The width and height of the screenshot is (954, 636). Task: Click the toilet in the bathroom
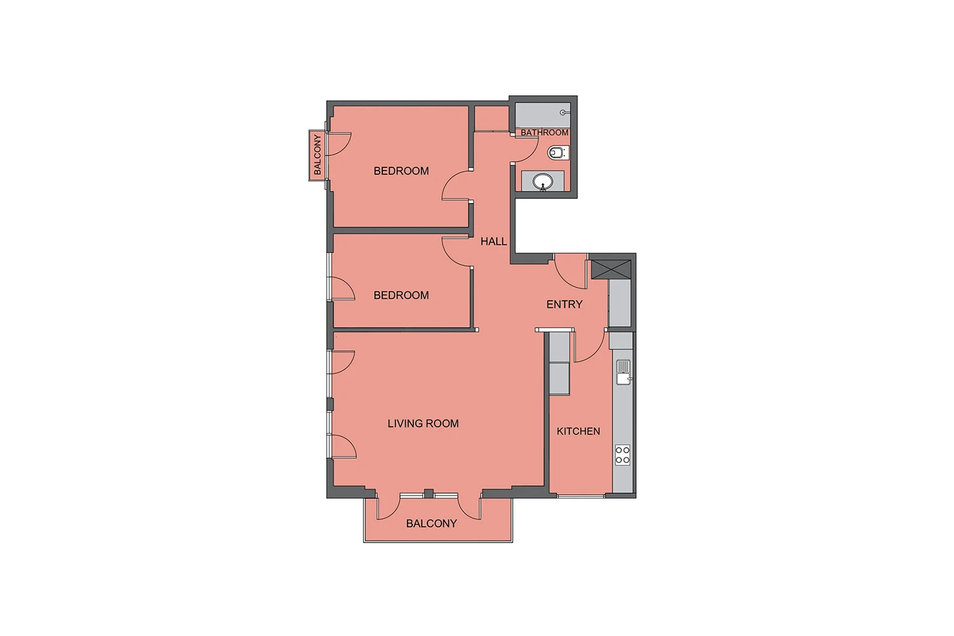coord(558,152)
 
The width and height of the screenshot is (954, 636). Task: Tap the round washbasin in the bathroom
coord(543,181)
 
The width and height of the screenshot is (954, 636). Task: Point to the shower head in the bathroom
coord(565,113)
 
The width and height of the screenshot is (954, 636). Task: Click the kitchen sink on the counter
coord(623,372)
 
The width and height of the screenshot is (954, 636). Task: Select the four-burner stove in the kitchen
coord(623,455)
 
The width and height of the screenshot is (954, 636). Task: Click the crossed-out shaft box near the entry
coord(611,269)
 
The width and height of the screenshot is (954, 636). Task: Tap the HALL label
coord(494,242)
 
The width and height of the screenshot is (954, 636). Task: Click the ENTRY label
coord(564,304)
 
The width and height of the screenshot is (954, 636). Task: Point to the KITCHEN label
coord(578,431)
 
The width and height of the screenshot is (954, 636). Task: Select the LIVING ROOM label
coord(423,424)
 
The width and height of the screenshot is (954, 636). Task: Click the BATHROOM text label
coord(544,132)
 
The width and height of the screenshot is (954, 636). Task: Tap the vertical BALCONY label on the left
coord(317,154)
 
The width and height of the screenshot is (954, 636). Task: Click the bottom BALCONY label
coord(431,523)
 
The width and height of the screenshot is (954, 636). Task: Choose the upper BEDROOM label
coord(401,171)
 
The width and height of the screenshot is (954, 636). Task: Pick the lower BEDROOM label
coord(401,295)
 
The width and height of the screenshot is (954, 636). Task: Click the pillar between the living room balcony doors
coord(429,494)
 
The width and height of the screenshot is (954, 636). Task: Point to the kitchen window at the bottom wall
coord(581,496)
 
